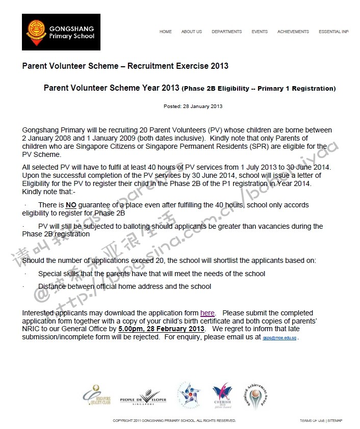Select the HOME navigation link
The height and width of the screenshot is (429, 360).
pyautogui.click(x=166, y=32)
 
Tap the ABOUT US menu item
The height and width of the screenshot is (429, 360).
pyautogui.click(x=192, y=32)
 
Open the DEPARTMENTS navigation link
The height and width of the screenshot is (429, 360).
pyautogui.click(x=227, y=32)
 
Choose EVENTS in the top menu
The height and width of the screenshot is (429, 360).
pyautogui.click(x=260, y=32)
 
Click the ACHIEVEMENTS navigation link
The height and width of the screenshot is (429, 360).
pyautogui.click(x=293, y=32)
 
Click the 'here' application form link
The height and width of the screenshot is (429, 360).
pyautogui.click(x=208, y=313)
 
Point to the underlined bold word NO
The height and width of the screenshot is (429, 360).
pyautogui.click(x=71, y=205)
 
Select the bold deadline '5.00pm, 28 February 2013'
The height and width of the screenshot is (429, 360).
pyautogui.click(x=162, y=329)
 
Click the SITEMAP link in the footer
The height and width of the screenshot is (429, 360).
pyautogui.click(x=335, y=421)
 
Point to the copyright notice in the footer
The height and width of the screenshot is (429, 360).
pyautogui.click(x=174, y=421)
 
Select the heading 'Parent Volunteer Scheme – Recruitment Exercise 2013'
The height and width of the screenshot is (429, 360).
pyautogui.click(x=125, y=66)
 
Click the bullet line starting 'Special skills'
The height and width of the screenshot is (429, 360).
pyautogui.click(x=151, y=274)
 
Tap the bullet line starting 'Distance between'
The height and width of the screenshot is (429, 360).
pyautogui.click(x=124, y=286)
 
